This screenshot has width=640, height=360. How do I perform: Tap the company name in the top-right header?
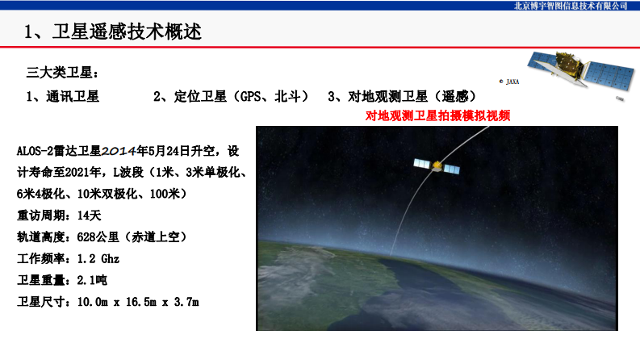coord(570,6)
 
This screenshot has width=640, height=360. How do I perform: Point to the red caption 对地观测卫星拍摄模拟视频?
coord(438,115)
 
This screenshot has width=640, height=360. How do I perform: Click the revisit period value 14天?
coord(89,216)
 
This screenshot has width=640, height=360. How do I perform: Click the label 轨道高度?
coord(42,237)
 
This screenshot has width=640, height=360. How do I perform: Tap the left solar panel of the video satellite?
coord(421,163)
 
